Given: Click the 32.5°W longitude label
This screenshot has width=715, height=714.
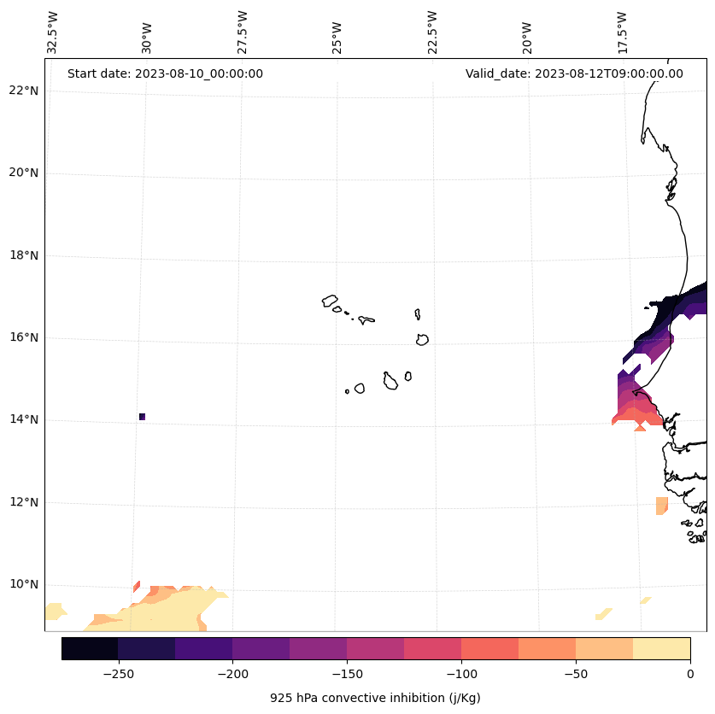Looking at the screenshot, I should tap(53, 32).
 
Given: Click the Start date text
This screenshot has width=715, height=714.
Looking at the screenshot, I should tap(165, 73).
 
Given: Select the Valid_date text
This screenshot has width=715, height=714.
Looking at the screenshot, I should tap(574, 73).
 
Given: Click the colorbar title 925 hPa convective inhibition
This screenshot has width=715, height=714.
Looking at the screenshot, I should tap(375, 698).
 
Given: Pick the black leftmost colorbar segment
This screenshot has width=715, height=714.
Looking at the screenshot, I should tap(90, 648).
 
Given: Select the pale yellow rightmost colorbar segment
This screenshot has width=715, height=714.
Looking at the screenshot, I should tap(661, 648).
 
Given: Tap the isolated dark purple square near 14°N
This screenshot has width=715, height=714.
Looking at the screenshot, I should tap(142, 417).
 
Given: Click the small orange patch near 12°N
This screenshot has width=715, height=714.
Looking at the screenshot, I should tap(661, 506).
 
